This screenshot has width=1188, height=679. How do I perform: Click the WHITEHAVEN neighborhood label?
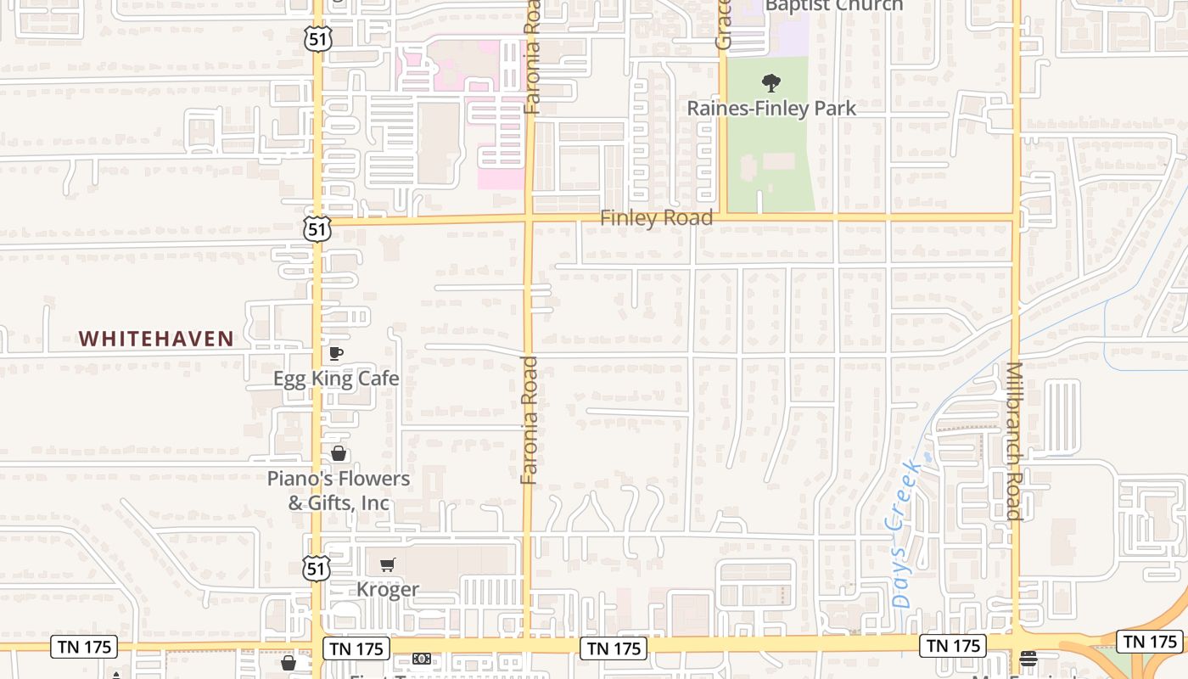coord(156,339)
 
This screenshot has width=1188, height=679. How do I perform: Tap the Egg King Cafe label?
coord(336,378)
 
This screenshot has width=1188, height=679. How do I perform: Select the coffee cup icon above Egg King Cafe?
coord(336,353)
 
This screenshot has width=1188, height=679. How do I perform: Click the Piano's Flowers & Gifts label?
coord(339,491)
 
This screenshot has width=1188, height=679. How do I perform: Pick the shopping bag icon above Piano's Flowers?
coord(339,453)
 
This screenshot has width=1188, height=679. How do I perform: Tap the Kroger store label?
coord(388,589)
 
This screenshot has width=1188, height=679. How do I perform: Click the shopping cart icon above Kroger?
coord(388,564)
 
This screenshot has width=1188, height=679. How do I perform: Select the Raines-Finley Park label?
coord(771,108)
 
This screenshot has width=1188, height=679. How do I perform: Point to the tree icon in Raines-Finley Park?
coord(771,82)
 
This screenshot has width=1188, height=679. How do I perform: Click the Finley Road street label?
coord(656,218)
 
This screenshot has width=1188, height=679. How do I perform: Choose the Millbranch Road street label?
coord(1013,441)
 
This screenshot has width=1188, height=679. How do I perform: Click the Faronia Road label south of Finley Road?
coord(530,420)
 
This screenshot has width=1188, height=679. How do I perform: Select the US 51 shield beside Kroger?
coord(317,568)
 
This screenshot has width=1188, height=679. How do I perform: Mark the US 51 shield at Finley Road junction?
coord(317,228)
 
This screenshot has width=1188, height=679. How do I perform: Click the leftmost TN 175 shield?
coord(85,647)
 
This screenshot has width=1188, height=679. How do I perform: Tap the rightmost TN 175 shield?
coord(1150,642)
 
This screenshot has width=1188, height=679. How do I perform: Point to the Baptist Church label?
coord(834,6)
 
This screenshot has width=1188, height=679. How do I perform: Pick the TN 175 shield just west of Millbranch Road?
coord(954,646)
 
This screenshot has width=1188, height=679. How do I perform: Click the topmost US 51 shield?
coord(319,37)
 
